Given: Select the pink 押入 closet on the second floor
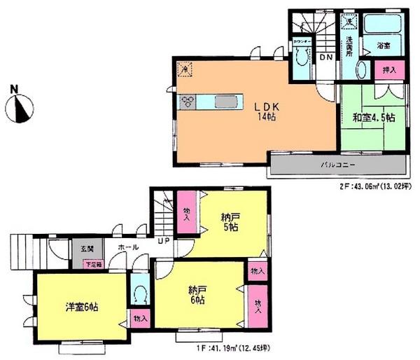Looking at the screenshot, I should [x=390, y=70].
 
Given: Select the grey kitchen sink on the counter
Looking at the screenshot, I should [x=224, y=102].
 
